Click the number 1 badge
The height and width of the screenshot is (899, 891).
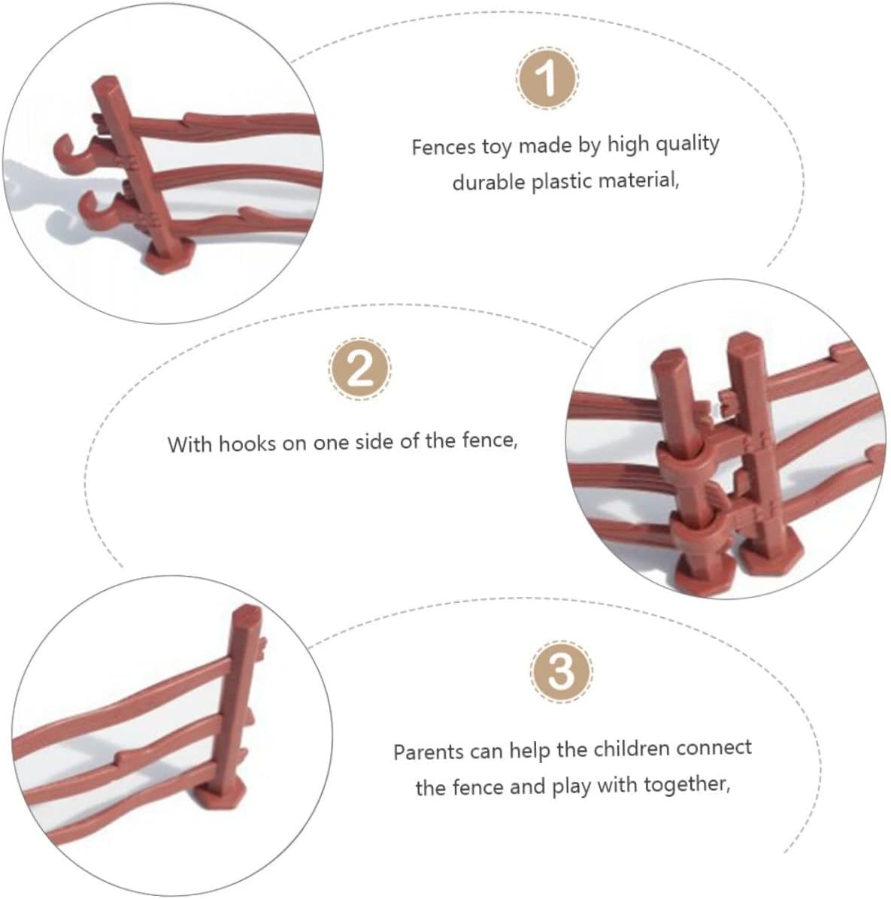[547, 77]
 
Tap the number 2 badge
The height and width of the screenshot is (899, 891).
[360, 368]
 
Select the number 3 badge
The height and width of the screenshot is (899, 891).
[561, 670]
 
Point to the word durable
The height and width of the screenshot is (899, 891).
[489, 183]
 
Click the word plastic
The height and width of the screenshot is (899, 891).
[562, 182]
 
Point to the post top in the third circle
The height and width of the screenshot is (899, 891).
[247, 614]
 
